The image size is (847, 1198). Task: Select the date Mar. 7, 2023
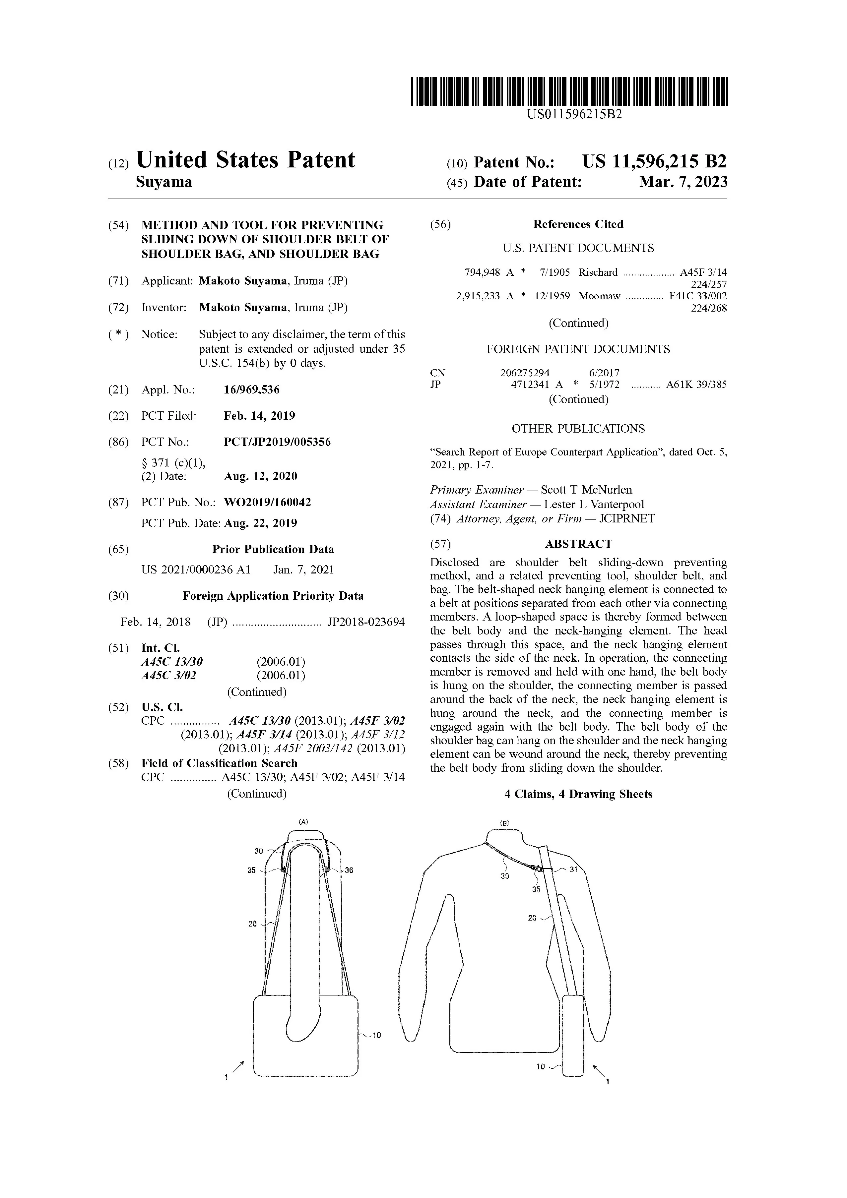coord(683,182)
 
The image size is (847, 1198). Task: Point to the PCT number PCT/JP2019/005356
coord(277,442)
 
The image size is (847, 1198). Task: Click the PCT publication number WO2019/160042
coord(267,503)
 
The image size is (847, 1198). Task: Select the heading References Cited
coord(578,224)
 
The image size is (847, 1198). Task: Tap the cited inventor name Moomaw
coord(599,296)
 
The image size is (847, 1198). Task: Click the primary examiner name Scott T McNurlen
coord(586,490)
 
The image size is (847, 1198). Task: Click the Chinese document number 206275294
coord(524,373)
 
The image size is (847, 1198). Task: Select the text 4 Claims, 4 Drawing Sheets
coord(578,794)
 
